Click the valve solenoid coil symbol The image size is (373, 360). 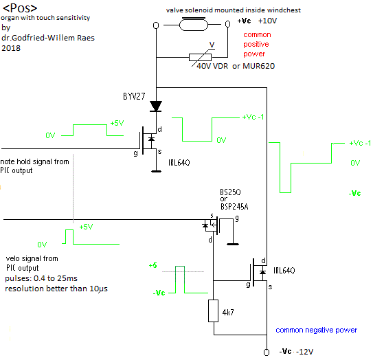pyautogui.click(x=194, y=25)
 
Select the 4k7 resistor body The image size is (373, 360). pyautogui.click(x=213, y=311)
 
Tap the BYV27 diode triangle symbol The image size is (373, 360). pyautogui.click(x=156, y=106)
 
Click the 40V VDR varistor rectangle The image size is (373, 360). pyautogui.click(x=200, y=57)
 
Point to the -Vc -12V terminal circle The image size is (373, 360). pyautogui.click(x=267, y=352)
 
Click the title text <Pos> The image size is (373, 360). pyautogui.click(x=20, y=8)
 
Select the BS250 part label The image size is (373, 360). pyautogui.click(x=230, y=192)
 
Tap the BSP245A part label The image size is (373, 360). pyautogui.click(x=234, y=207)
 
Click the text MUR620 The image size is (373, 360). pyautogui.click(x=258, y=66)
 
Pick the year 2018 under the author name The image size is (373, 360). pyautogui.click(x=11, y=48)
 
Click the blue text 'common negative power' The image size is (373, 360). pyautogui.click(x=317, y=330)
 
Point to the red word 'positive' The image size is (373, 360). pyautogui.click(x=256, y=44)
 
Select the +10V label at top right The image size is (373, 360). pyautogui.click(x=268, y=21)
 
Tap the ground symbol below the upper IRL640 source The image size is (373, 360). pyautogui.click(x=157, y=171)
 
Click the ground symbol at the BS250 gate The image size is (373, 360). pyautogui.click(x=233, y=244)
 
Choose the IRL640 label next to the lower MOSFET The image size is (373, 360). pyautogui.click(x=284, y=271)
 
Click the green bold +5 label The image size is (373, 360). pyautogui.click(x=153, y=265)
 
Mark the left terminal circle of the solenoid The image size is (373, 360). pyautogui.click(x=156, y=25)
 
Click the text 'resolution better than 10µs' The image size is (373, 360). pyautogui.click(x=56, y=289)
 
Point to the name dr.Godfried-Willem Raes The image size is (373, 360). pyautogui.click(x=48, y=38)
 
